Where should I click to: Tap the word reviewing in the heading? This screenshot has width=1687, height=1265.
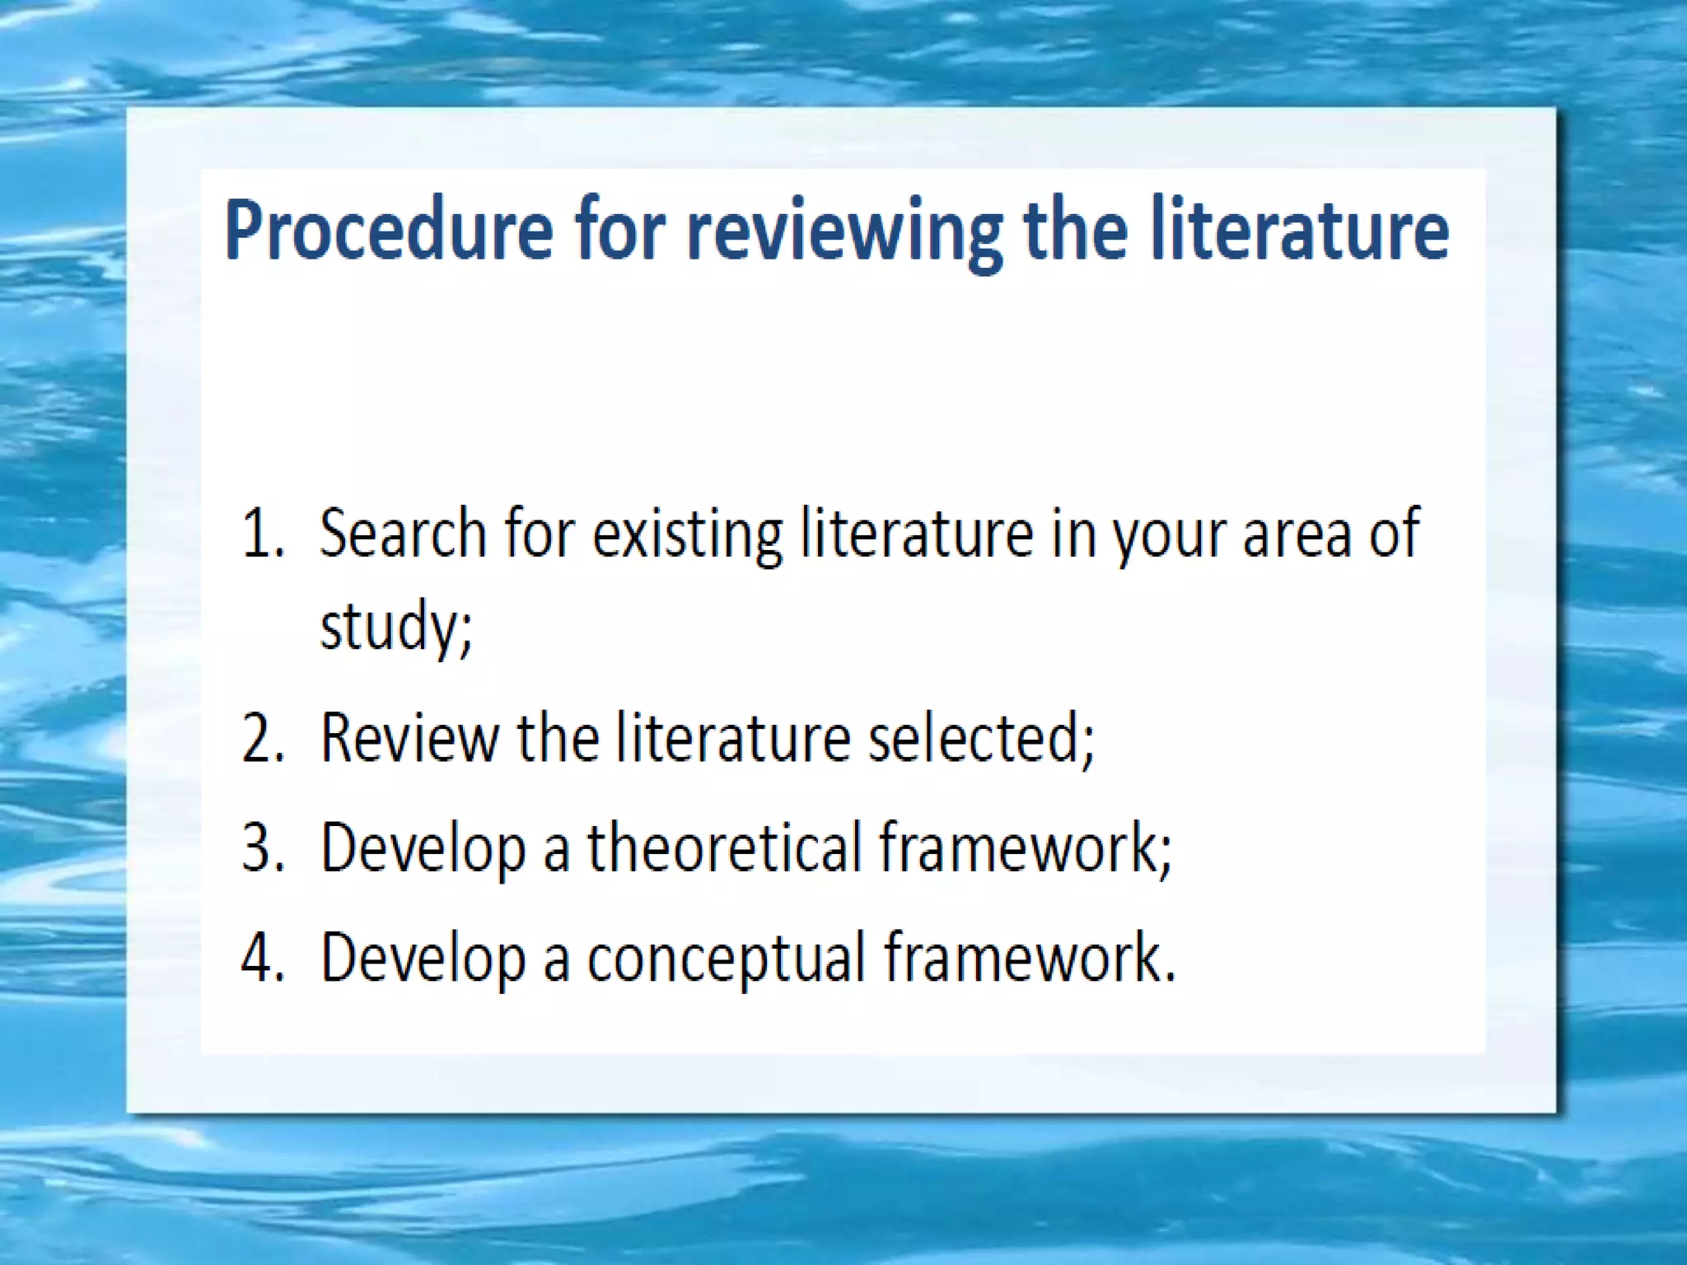click(844, 232)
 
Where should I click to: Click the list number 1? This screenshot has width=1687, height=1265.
click(262, 534)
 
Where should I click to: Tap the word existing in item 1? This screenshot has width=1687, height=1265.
click(688, 534)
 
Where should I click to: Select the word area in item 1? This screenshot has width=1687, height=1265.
click(1297, 534)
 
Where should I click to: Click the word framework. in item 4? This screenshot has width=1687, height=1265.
click(1030, 957)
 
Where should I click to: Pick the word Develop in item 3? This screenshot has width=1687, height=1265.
click(423, 848)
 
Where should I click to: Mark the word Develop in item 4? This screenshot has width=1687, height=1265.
click(423, 959)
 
